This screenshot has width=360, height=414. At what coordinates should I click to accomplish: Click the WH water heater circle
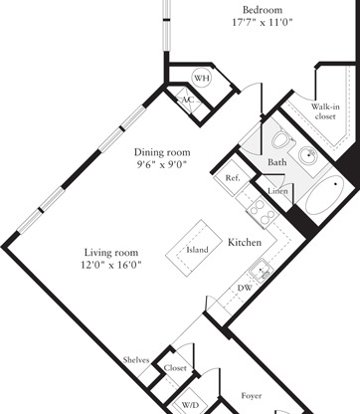click(x=202, y=79)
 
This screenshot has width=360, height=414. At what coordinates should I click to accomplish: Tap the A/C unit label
click(x=188, y=100)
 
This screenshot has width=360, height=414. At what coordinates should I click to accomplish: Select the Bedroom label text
click(x=263, y=10)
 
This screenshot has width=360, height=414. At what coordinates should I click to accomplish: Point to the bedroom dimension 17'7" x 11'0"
click(x=263, y=23)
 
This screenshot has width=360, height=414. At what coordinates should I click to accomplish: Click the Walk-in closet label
click(x=325, y=111)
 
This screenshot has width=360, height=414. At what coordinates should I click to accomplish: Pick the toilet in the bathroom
click(x=281, y=139)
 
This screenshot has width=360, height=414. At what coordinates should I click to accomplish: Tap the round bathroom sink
click(x=308, y=155)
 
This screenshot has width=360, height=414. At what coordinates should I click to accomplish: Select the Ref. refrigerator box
click(x=232, y=178)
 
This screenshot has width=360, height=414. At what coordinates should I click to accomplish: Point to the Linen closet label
click(x=277, y=191)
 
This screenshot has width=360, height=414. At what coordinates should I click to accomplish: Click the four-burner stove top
click(x=262, y=212)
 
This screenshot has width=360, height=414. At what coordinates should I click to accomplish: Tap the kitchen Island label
click(x=197, y=250)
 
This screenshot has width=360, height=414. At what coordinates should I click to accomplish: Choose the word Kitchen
click(x=245, y=243)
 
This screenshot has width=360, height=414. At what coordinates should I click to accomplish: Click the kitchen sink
click(x=262, y=271)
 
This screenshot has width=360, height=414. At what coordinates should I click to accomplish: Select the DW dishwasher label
click(x=245, y=288)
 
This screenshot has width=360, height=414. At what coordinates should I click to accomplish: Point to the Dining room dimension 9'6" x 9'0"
click(x=162, y=164)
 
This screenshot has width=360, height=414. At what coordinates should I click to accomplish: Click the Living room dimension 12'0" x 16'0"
click(x=111, y=265)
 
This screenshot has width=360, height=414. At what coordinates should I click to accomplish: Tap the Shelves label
click(x=136, y=360)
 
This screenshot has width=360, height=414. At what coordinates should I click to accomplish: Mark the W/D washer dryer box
click(x=190, y=405)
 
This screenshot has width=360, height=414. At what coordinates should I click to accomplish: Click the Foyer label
click(x=252, y=396)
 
